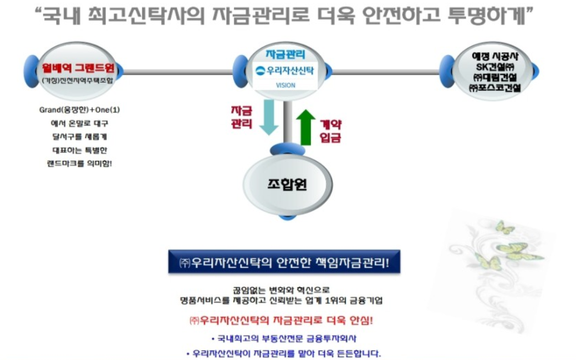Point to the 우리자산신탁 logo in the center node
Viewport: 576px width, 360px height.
[x=285, y=71]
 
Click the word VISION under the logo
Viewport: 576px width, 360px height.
[x=286, y=85]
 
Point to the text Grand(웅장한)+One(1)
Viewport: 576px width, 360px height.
[x=79, y=110]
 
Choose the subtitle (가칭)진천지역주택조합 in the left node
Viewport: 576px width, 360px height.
[x=78, y=81]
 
